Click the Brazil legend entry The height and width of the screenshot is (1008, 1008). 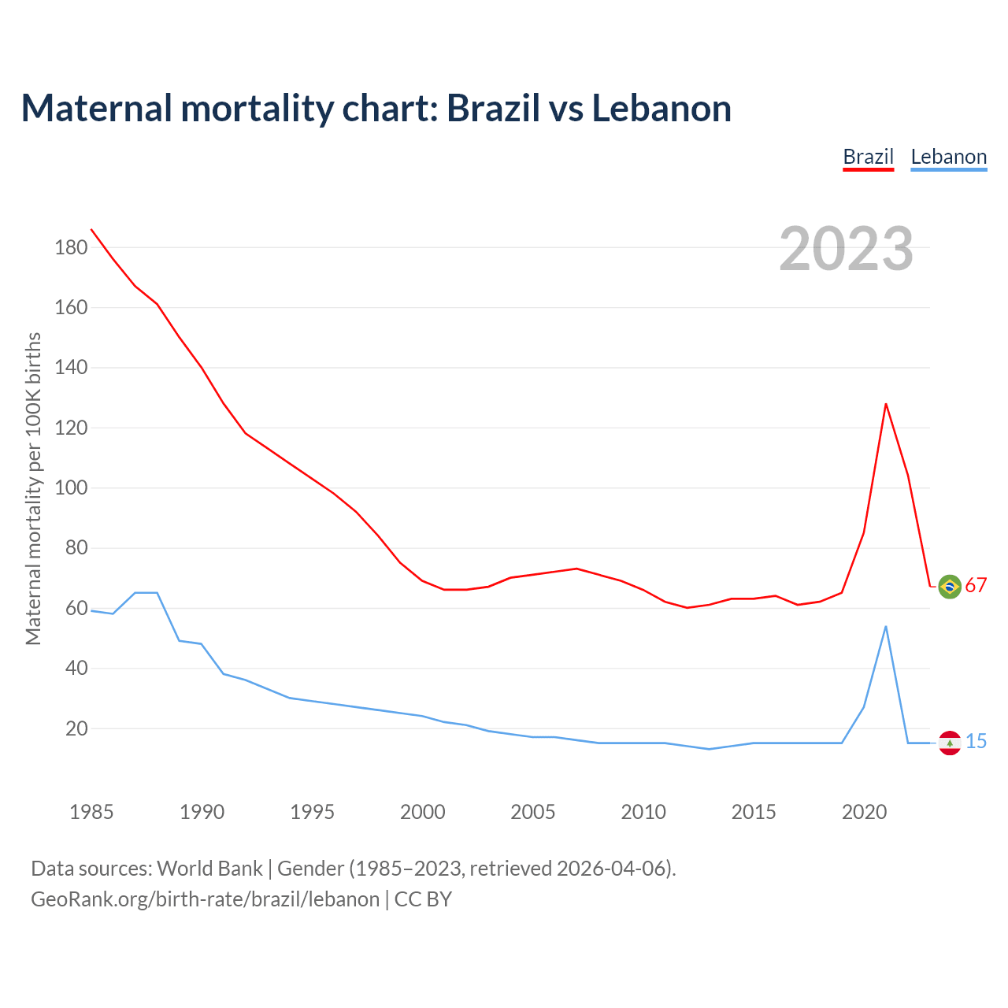(x=868, y=157)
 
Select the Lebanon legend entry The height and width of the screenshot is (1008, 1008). (x=948, y=157)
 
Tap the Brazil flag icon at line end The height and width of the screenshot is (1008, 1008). (x=950, y=586)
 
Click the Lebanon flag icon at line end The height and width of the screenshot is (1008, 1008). (x=950, y=743)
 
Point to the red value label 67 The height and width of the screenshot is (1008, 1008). (x=976, y=586)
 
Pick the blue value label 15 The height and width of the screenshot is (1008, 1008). (x=976, y=742)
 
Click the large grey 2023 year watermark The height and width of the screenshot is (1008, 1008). (x=846, y=249)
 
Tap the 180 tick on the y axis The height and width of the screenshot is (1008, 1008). (x=71, y=247)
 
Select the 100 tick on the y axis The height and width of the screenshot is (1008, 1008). (x=71, y=488)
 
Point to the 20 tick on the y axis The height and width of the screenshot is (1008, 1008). (x=76, y=728)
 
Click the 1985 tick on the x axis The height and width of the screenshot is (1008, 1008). (x=91, y=812)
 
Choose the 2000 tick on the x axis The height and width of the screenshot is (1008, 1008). (x=423, y=812)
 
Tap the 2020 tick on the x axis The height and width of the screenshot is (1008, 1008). (x=864, y=812)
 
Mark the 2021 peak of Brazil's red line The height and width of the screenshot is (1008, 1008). (x=886, y=404)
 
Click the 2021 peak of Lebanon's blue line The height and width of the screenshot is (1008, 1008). (x=886, y=627)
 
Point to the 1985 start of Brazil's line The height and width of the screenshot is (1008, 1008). (x=91, y=229)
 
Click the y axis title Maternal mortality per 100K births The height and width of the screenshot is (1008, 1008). (x=33, y=488)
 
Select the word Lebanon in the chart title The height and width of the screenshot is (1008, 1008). (x=661, y=109)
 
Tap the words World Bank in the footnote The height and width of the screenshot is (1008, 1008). (x=209, y=869)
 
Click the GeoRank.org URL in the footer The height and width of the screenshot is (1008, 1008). (x=205, y=899)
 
